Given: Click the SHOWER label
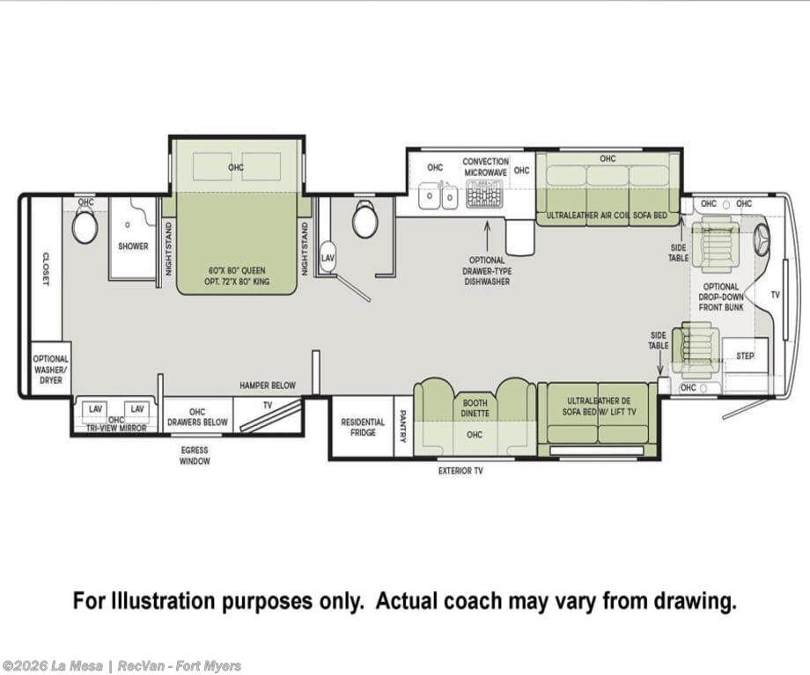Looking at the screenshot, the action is [x=133, y=246].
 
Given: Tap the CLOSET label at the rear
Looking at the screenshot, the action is [x=46, y=268].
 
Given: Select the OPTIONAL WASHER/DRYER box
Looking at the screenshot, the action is [x=51, y=370].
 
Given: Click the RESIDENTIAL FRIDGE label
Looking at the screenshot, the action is [x=363, y=427].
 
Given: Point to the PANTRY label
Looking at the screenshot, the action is [x=403, y=427].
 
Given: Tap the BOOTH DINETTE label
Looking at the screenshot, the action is [x=475, y=408].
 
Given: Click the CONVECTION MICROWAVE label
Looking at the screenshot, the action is [x=485, y=167].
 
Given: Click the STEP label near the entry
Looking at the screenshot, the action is [x=744, y=356].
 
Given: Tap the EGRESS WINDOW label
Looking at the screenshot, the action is [x=195, y=456].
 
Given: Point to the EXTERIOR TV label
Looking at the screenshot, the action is [x=460, y=471].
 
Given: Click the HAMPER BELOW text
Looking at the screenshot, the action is [x=268, y=385].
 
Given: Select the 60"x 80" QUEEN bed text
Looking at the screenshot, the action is [x=237, y=270].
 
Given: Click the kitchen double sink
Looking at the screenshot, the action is [x=438, y=196].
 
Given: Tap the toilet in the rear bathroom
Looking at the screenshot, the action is [x=85, y=228].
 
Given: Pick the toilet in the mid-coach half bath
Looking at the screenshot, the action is [x=365, y=219].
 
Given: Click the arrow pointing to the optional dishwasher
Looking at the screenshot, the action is [x=487, y=236].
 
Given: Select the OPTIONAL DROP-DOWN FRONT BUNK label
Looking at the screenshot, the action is [x=721, y=297].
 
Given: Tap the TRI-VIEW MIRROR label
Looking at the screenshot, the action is [x=116, y=428].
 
